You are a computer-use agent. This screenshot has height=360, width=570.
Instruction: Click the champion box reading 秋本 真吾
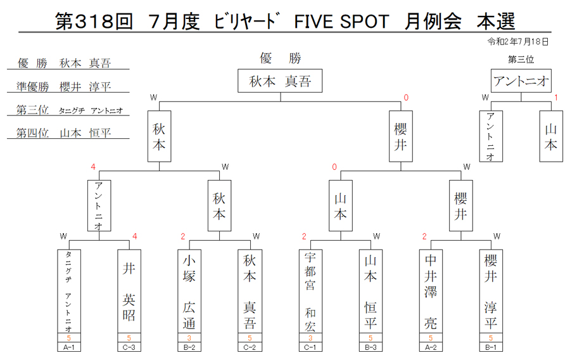[280, 80]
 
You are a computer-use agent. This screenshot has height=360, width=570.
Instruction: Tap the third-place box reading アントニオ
[521, 80]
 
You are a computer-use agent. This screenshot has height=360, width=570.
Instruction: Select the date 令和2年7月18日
[517, 42]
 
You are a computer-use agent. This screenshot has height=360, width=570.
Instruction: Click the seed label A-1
[68, 347]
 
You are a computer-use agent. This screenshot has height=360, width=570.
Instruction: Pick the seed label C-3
[129, 347]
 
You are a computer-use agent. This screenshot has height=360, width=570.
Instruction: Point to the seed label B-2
[189, 347]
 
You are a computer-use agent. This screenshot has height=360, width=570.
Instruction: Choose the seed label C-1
[310, 347]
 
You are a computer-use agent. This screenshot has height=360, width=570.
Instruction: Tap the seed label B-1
[491, 347]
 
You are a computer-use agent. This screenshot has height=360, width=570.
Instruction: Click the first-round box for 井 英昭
[129, 292]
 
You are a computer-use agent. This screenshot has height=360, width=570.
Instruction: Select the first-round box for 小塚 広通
[189, 292]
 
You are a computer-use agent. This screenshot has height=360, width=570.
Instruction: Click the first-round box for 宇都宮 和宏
[310, 292]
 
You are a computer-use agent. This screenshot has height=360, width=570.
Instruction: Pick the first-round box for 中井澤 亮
[431, 292]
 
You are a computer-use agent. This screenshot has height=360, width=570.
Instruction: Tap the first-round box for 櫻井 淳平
[491, 292]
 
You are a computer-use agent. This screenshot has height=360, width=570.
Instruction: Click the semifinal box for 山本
[341, 205]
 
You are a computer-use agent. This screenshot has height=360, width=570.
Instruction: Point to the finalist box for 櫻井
[401, 136]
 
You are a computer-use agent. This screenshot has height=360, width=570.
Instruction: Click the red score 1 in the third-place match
[556, 98]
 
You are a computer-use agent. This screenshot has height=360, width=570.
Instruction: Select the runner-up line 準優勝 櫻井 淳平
[64, 87]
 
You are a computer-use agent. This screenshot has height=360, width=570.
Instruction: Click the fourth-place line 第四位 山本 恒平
[64, 132]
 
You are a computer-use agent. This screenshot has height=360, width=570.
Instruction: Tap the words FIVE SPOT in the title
[342, 22]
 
